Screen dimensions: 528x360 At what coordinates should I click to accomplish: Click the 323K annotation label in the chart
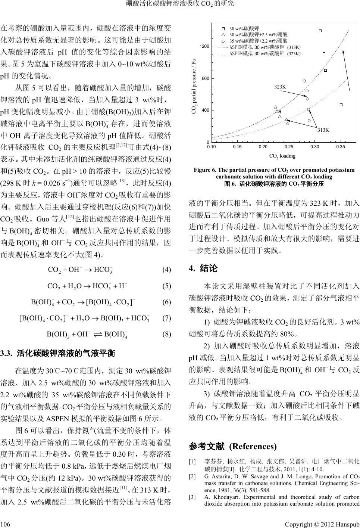tap(280, 87)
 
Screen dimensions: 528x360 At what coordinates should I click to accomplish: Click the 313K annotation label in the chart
tap(323, 130)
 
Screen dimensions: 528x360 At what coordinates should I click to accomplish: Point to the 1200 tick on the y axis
tap(204, 46)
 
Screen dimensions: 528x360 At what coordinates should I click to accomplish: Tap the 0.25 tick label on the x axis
tap(289, 147)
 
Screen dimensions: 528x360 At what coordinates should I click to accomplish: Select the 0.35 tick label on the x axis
tap(340, 147)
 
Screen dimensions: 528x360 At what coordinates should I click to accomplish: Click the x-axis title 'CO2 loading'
tap(282, 156)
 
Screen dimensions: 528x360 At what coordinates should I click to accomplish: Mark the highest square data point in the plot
tap(320, 31)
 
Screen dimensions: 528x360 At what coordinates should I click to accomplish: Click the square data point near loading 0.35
tap(341, 105)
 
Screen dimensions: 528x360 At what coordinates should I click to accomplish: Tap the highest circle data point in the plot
tap(304, 81)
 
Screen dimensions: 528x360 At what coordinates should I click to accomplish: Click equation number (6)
tap(166, 302)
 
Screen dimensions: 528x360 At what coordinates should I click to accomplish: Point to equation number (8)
tap(166, 335)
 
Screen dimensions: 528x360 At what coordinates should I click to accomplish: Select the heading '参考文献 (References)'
tap(233, 447)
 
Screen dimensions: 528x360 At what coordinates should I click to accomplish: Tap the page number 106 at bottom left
tap(6, 521)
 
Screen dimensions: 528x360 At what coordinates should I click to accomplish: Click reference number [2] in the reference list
tap(192, 477)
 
